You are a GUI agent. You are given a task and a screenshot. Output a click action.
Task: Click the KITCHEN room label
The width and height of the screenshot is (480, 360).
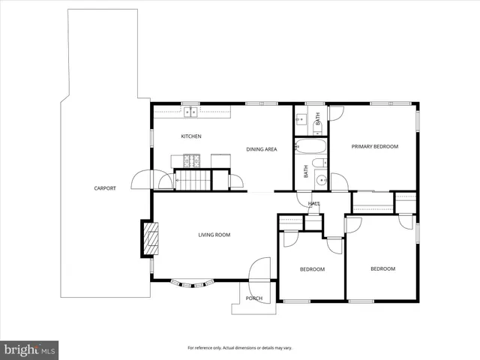click(x=191, y=136)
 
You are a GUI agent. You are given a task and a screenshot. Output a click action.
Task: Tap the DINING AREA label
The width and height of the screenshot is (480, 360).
click(x=262, y=149)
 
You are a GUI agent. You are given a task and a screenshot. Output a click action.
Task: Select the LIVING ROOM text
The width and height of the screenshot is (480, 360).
click(x=214, y=235)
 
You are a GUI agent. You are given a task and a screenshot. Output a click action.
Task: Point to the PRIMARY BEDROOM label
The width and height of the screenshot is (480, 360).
click(x=375, y=146)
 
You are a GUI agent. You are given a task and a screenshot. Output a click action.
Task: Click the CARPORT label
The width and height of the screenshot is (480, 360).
click(x=105, y=188)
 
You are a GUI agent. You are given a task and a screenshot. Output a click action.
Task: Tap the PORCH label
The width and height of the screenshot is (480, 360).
click(x=254, y=298)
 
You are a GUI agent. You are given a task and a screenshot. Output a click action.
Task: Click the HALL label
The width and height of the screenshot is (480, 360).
click(x=314, y=203)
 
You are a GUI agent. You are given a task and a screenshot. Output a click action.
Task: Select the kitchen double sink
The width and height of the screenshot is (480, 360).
click(x=190, y=112)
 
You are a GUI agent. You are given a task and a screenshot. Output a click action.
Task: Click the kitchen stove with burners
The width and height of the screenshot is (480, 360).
click(x=189, y=160)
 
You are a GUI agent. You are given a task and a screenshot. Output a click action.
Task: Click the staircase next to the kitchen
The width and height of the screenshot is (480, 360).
click(x=193, y=180)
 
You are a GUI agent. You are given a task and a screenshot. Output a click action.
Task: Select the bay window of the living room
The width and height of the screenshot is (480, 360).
click(x=193, y=283)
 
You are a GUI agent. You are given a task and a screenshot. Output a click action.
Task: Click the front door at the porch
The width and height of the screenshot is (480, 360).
click(x=260, y=270)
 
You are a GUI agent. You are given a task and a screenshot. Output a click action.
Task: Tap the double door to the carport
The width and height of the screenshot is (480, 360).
click(x=142, y=180)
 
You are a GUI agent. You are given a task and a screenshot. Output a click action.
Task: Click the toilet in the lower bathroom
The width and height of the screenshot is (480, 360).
click(x=319, y=163)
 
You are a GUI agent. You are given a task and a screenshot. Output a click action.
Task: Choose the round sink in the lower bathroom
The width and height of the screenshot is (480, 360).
click(x=321, y=179)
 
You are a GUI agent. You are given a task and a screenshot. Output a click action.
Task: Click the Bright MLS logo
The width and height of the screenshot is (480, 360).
click(x=29, y=349)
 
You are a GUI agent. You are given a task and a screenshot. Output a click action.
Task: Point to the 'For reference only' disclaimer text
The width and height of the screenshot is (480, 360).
click(x=239, y=348)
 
